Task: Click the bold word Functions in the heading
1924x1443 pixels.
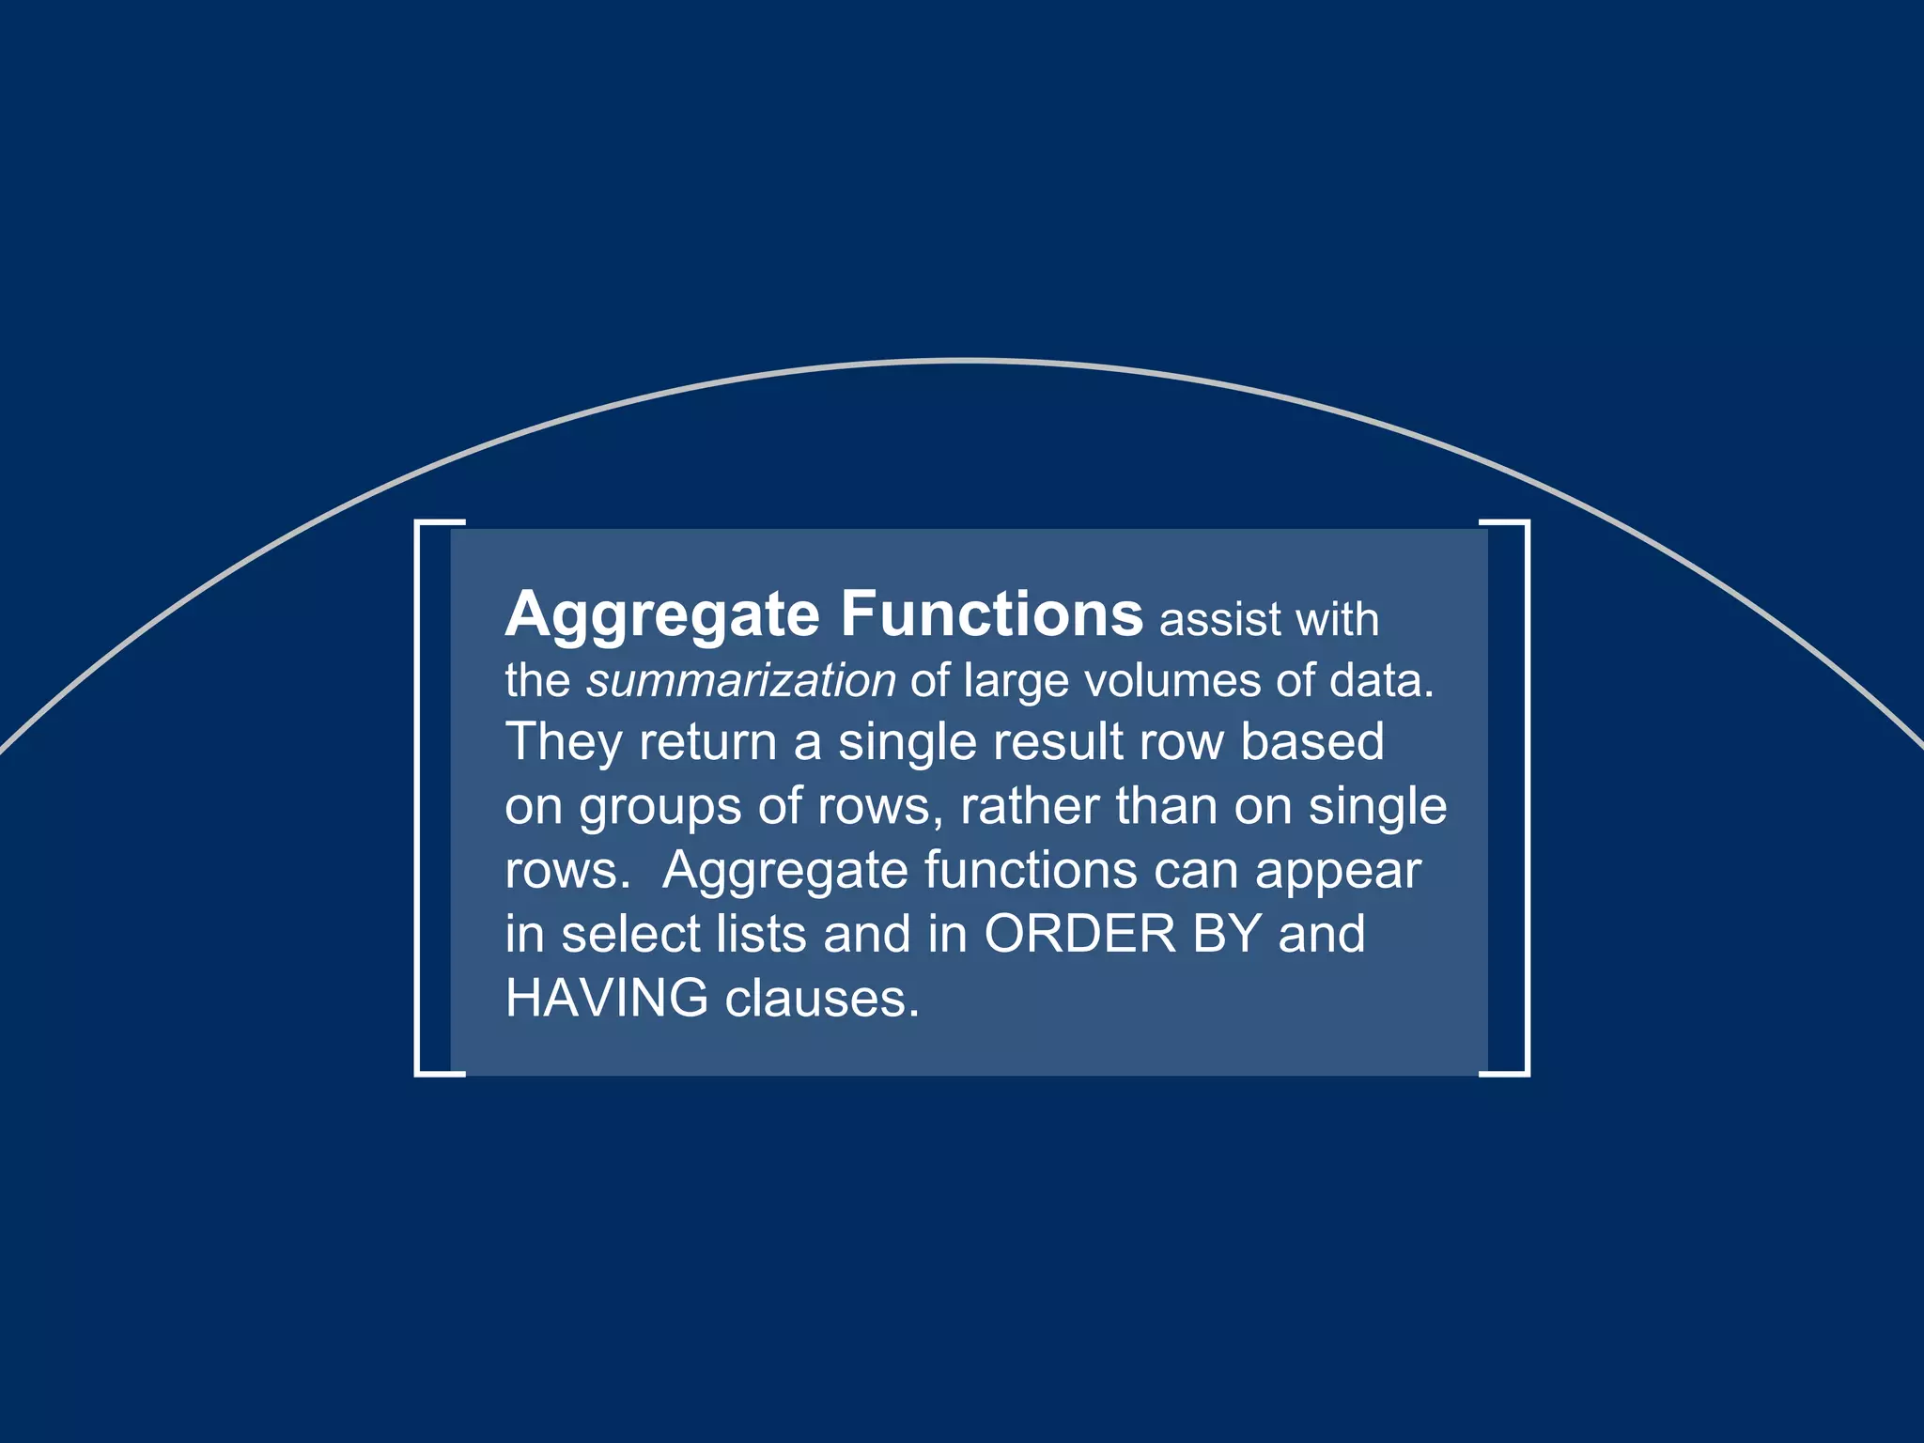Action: [x=991, y=614]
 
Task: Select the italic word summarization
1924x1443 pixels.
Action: [x=741, y=680]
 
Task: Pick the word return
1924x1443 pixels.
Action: [x=707, y=742]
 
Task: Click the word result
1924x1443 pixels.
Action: [x=1059, y=742]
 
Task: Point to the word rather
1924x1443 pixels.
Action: [x=1030, y=806]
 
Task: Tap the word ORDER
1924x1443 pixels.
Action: [x=1079, y=934]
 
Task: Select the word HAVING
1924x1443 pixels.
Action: [x=607, y=998]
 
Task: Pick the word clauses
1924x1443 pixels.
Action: [x=821, y=998]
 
